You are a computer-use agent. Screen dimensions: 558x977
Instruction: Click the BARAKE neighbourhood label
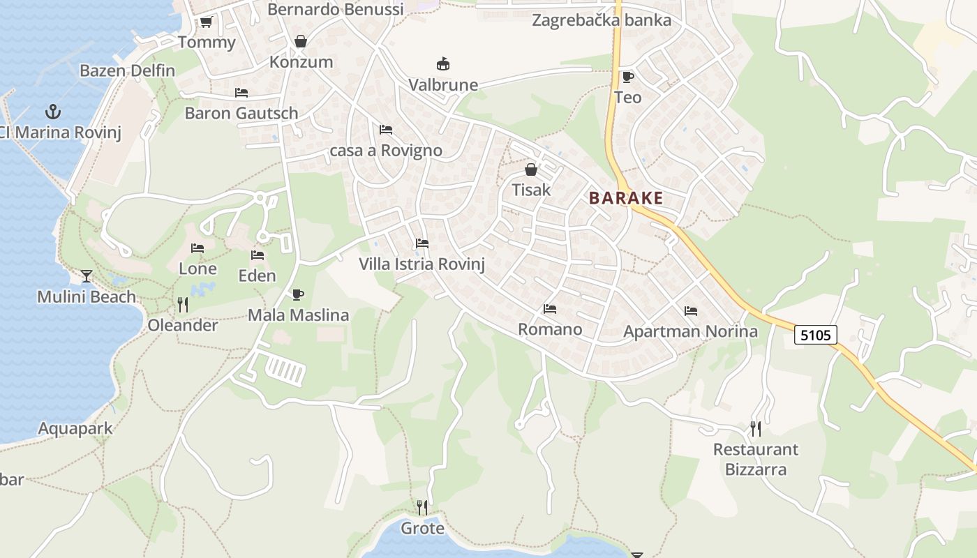625,198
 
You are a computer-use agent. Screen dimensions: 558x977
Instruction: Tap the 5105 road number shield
816,335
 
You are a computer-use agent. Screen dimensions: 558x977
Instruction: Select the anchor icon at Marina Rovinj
52,112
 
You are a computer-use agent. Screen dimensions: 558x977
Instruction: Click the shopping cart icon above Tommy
206,22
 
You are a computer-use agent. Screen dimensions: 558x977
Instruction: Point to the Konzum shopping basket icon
301,42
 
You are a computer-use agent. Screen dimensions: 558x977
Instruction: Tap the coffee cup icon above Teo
627,77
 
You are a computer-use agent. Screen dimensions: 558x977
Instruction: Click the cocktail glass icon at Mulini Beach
86,276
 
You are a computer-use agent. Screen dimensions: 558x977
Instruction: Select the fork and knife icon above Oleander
183,305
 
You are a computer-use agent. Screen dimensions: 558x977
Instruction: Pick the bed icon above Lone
197,248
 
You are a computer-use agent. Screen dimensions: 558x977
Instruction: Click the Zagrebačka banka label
602,20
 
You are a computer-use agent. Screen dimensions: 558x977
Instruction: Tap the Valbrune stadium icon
442,64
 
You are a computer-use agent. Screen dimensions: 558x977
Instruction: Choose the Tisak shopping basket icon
531,169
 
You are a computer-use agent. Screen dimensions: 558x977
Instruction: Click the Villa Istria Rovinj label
422,264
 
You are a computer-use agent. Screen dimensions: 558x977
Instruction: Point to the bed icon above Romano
550,309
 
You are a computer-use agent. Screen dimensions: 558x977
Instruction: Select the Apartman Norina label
690,331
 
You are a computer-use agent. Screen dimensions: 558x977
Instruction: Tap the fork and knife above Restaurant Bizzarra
755,428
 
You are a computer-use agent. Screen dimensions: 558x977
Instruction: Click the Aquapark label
75,428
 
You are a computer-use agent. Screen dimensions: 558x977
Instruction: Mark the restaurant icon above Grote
422,507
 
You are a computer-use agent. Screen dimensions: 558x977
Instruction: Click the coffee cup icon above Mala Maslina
298,294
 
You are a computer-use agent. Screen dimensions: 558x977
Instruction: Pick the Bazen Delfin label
127,70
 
